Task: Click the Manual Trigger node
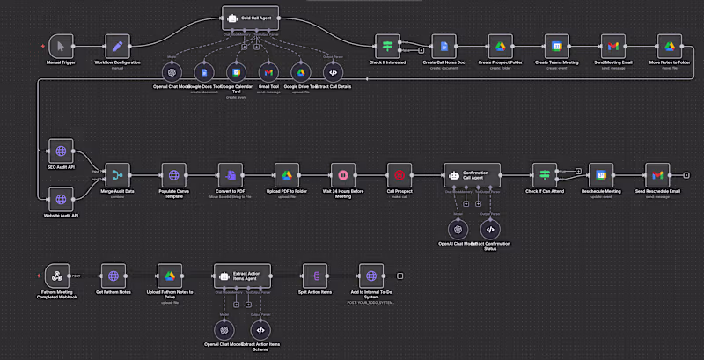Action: point(61,46)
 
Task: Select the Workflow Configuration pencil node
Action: point(117,46)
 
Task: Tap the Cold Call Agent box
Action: point(250,18)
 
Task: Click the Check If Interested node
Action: point(387,46)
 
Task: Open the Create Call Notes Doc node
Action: point(444,46)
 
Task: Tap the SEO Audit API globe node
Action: point(61,150)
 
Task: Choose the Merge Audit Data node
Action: point(117,174)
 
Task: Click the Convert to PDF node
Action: point(231,174)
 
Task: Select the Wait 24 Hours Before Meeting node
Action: point(343,174)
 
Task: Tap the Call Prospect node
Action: point(400,174)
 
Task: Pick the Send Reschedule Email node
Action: point(657,174)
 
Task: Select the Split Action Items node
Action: point(315,274)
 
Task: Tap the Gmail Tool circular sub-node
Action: point(268,72)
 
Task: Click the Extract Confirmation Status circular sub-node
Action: point(490,229)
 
